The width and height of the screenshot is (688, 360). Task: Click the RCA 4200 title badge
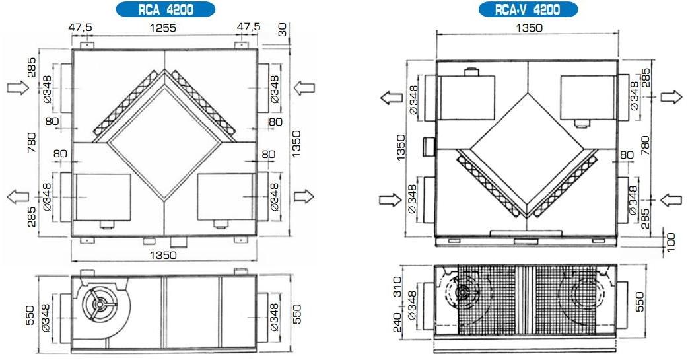point(166,9)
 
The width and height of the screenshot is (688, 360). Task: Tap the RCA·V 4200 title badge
point(528,9)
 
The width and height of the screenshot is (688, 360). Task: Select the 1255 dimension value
point(163,28)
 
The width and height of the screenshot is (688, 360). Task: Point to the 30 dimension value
point(283,30)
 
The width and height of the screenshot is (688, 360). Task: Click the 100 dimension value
point(671,243)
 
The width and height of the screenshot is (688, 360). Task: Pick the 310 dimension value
point(397,287)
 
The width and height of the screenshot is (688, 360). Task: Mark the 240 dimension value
point(397,322)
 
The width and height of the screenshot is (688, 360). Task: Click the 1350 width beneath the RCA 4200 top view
point(163,255)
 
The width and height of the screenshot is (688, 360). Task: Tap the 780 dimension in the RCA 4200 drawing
point(32,142)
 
